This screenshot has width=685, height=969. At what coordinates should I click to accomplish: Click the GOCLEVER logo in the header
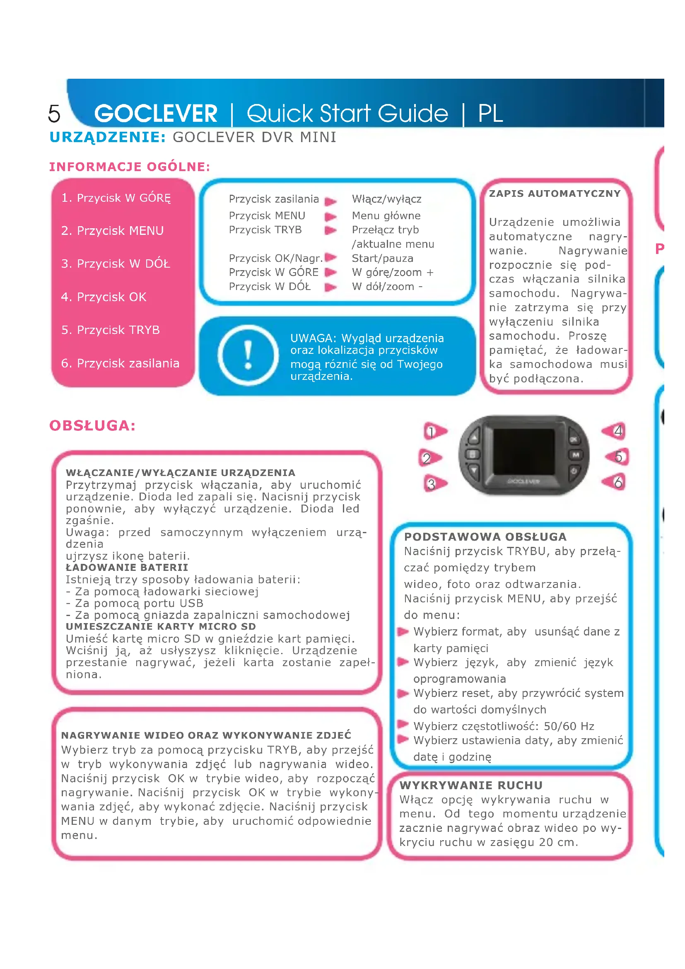pos(156,114)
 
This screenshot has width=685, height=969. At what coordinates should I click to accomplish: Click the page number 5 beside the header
pos(54,114)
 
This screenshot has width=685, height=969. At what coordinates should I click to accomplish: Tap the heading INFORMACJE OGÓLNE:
pos(130,167)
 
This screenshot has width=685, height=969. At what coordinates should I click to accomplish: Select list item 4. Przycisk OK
pos(104,297)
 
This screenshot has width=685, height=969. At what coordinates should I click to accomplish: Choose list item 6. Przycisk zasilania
pos(120,363)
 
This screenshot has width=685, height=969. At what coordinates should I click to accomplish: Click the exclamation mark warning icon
pos(248,355)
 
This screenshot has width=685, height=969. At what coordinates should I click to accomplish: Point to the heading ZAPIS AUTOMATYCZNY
pos(555,194)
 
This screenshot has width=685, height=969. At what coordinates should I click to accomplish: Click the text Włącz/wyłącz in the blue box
pos(386,199)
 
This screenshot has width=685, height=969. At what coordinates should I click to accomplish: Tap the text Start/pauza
pos(382,258)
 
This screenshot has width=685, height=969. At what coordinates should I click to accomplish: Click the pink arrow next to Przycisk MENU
pos(330,217)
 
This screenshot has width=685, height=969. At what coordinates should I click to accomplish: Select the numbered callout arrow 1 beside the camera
pos(435,432)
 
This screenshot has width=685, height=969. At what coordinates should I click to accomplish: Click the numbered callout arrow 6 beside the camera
pos(615,482)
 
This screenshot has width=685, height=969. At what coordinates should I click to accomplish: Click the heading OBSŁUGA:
pos(92,426)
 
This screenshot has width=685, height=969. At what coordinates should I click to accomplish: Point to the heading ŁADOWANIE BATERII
pos(127,568)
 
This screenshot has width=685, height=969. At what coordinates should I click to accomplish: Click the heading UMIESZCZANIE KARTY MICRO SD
pos(161,627)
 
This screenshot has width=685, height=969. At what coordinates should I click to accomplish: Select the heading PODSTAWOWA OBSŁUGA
pos(485,537)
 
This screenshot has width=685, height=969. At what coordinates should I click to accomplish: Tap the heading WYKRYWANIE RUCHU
pos(471,785)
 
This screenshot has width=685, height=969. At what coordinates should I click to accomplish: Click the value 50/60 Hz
pos(569,726)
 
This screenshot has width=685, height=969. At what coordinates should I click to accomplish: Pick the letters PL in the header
pos(490,114)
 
